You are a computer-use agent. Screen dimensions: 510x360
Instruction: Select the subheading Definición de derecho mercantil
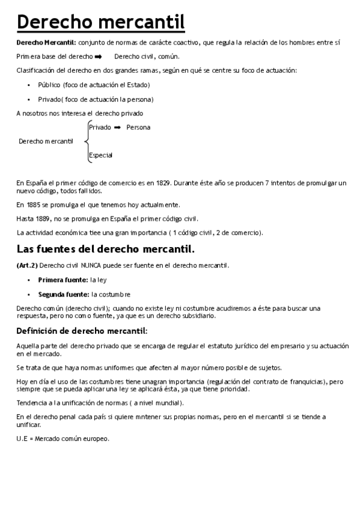[x=81, y=330]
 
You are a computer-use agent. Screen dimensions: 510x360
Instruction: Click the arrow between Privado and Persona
[x=118, y=127]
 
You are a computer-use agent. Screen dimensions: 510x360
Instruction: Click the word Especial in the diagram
[x=100, y=156]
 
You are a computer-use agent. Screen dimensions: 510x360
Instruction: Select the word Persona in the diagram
[x=138, y=127]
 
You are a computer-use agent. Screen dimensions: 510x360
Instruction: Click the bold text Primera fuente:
[x=63, y=280]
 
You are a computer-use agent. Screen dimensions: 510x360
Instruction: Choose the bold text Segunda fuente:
[x=64, y=294]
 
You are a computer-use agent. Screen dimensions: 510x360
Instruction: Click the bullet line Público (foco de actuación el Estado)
[x=94, y=85]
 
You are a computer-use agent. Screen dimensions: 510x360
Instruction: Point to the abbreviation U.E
[x=22, y=439]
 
